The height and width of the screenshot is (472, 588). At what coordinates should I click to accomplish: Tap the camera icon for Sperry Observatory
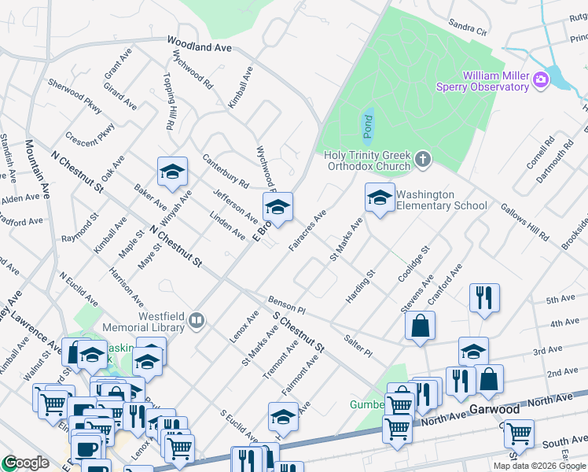tap(540, 79)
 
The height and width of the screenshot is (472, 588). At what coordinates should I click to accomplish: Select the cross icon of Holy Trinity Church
tap(423, 160)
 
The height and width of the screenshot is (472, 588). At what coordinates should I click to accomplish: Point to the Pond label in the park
tap(368, 124)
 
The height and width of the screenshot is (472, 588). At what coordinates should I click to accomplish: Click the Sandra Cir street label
tap(468, 28)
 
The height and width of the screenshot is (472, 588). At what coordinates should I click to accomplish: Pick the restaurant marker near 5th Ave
tap(483, 298)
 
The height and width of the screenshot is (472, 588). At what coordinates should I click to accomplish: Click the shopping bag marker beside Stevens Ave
tap(421, 326)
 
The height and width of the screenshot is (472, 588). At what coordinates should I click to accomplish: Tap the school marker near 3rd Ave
tap(473, 351)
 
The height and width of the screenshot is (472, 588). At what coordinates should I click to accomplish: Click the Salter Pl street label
tap(358, 347)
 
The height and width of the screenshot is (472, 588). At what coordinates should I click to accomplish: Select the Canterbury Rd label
tap(225, 171)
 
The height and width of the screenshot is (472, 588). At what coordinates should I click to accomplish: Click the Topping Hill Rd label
tap(167, 101)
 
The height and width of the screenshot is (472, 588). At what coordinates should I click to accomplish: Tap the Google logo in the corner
tap(25, 463)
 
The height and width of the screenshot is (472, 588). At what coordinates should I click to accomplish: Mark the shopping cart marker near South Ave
tap(518, 433)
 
